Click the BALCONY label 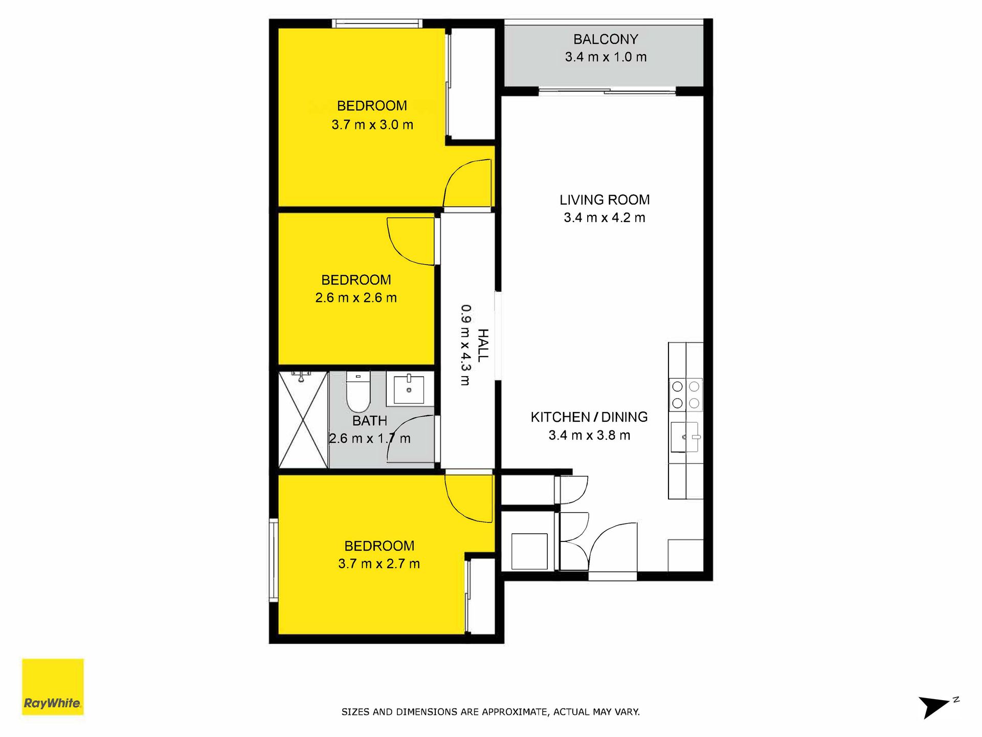606,39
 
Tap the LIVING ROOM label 605,200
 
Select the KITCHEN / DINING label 589,417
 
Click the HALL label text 483,345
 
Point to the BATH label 370,421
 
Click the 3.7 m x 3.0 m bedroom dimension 372,124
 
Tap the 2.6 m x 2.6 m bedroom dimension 356,297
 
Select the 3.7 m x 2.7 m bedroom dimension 379,563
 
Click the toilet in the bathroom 358,392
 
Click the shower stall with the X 303,420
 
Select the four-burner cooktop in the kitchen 685,395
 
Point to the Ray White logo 53,686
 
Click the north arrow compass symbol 938,707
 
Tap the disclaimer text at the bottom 490,711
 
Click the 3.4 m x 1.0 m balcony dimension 606,57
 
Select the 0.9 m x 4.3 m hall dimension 465,345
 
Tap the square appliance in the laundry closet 529,551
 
